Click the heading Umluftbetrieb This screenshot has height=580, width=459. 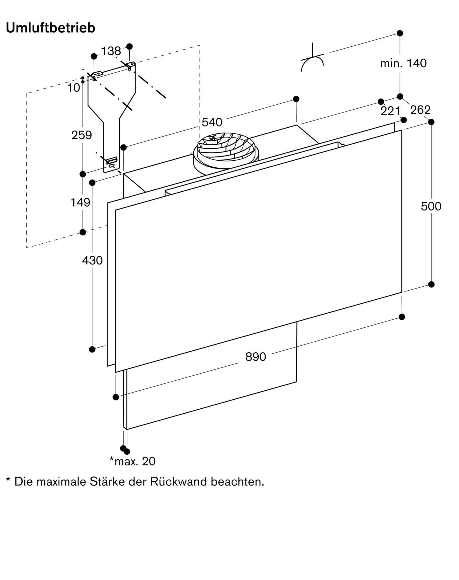(50, 28)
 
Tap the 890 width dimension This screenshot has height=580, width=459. (255, 357)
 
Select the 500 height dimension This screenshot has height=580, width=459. (431, 206)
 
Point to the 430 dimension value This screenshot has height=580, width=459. (92, 260)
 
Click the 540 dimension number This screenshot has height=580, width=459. (212, 122)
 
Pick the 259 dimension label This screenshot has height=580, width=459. (81, 135)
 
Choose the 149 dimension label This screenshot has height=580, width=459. (80, 202)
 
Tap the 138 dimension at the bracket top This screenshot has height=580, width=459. (111, 51)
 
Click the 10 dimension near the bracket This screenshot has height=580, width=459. (73, 88)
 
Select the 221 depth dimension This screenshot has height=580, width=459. (391, 111)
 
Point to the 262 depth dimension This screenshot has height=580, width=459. (420, 110)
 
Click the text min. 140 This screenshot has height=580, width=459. (403, 63)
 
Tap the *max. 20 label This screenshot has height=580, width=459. (132, 461)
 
